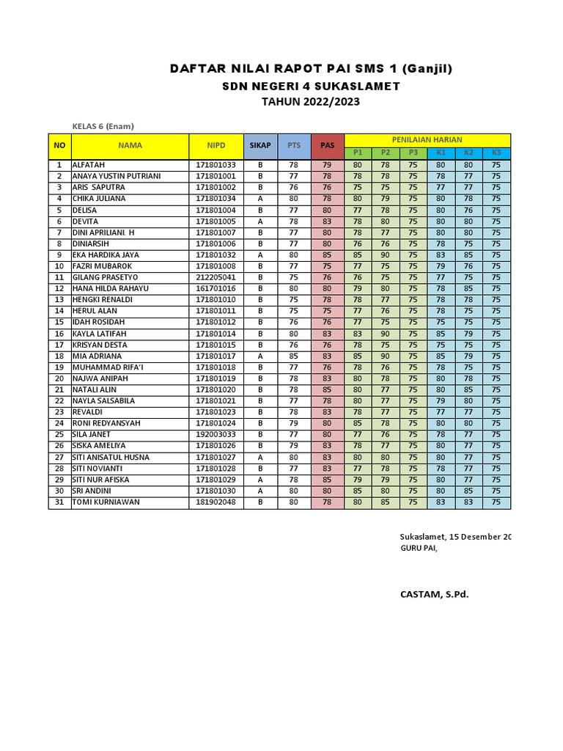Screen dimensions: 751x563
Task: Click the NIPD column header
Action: (x=216, y=146)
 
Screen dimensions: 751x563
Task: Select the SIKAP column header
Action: (x=260, y=146)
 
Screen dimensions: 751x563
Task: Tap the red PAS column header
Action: (x=327, y=146)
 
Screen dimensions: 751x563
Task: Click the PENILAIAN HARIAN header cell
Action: (x=427, y=139)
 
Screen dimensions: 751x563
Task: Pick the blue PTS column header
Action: (x=294, y=146)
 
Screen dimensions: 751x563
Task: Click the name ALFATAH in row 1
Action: (x=89, y=166)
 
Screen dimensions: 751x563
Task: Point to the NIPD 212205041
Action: (x=216, y=278)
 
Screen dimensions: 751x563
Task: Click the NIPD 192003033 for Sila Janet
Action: (x=216, y=435)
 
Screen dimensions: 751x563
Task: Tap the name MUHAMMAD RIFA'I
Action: (x=106, y=367)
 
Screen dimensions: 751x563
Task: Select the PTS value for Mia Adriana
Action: (x=294, y=356)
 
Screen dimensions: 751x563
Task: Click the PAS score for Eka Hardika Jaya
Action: (x=327, y=255)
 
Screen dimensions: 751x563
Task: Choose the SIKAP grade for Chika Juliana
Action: (x=260, y=199)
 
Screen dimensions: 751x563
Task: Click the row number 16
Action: (x=59, y=334)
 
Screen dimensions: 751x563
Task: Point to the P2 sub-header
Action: (x=385, y=153)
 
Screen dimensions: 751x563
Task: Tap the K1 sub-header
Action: (x=441, y=153)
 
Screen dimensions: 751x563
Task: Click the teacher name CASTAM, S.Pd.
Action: (x=434, y=594)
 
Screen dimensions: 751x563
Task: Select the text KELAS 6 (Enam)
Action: (x=103, y=125)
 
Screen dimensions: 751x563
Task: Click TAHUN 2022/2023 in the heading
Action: (x=311, y=102)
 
